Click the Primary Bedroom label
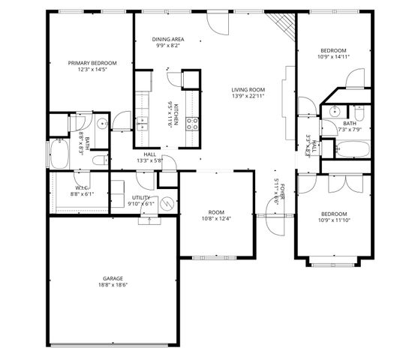[x=92, y=63]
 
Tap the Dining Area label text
[x=168, y=39]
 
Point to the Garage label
[x=113, y=278]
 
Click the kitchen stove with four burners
[x=191, y=123]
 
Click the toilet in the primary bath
[x=80, y=121]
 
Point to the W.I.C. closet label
[x=82, y=187]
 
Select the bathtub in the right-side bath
[x=350, y=147]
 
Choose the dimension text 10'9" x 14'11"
[x=333, y=56]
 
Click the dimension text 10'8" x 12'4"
[x=216, y=219]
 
